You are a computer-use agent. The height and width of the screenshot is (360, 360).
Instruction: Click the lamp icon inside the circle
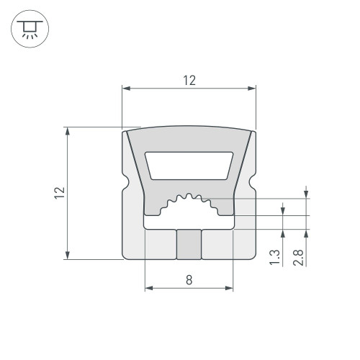pos(29,28)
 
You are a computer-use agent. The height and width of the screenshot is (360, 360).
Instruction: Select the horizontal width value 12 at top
pos(189,81)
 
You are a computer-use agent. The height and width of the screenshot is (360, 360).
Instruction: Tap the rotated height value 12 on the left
pos(60,192)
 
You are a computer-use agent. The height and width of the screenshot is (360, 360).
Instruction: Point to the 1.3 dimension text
pos(275,257)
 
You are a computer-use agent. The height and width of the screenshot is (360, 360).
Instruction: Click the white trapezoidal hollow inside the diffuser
pos(189,165)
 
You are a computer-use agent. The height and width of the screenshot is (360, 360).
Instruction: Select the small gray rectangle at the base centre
pos(189,244)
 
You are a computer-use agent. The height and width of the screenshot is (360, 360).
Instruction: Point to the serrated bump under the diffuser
pos(189,202)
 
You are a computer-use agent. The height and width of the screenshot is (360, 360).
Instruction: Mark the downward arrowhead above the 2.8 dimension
pos(307,192)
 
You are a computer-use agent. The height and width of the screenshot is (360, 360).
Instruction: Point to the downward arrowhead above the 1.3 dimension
pos(283,210)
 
